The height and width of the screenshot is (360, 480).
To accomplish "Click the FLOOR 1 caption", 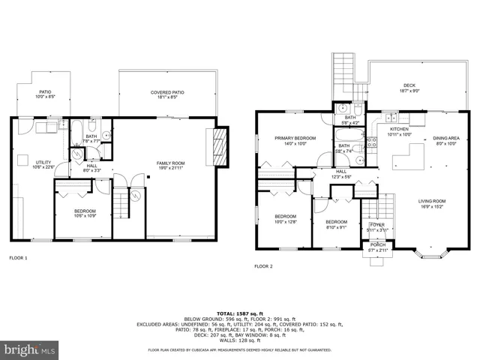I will click(18, 259).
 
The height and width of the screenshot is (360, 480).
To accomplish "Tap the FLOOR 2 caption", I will click(263, 266).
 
